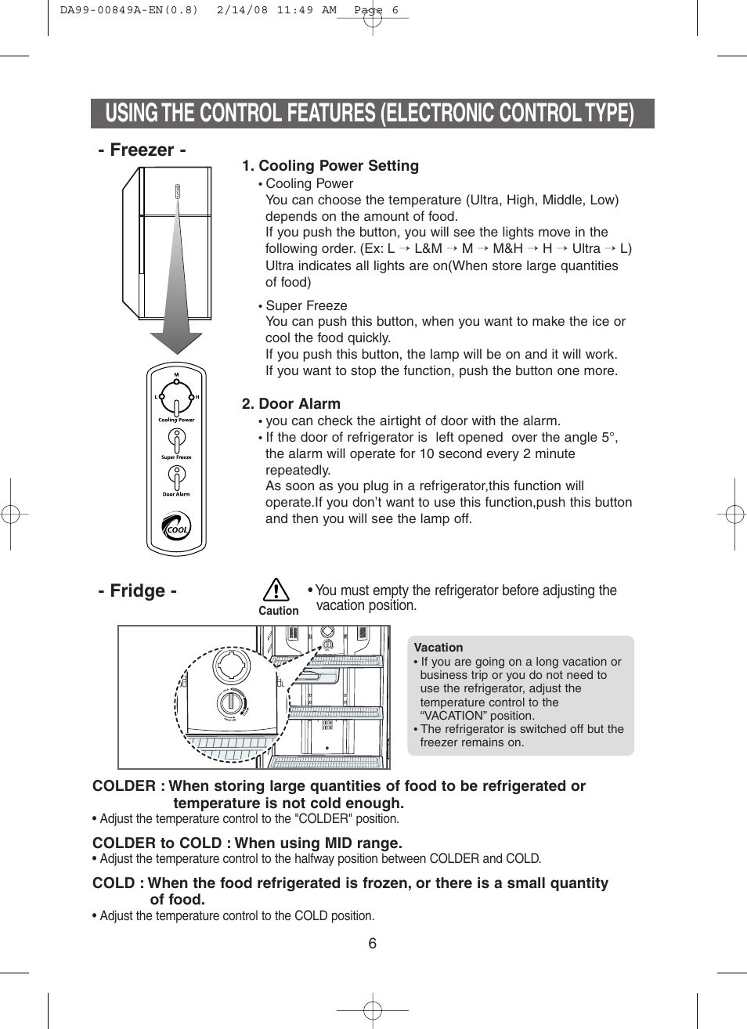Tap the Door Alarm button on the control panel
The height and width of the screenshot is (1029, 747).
(177, 477)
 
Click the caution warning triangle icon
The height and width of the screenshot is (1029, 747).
(278, 590)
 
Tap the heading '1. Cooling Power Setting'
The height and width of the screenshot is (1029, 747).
(330, 166)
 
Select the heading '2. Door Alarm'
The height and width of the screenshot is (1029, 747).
(291, 404)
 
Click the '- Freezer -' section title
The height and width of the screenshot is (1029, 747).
(143, 150)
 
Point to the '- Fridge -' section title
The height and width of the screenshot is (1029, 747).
(138, 590)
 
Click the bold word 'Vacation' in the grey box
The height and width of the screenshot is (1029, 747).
(438, 648)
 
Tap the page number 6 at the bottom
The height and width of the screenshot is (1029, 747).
(373, 944)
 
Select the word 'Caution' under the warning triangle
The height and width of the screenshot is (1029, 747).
(279, 611)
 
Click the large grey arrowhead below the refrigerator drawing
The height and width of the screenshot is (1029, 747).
(176, 341)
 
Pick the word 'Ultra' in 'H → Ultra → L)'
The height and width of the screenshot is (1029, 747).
(586, 249)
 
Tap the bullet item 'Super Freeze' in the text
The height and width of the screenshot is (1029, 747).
(306, 305)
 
